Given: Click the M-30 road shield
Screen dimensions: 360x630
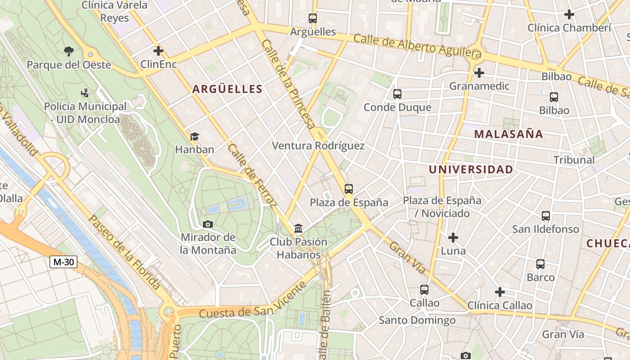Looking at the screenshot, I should click(63, 262).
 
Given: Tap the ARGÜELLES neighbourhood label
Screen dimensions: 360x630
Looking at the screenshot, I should click(227, 89).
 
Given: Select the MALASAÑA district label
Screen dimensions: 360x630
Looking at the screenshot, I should click(508, 134).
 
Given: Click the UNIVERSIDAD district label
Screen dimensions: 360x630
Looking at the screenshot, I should click(471, 170).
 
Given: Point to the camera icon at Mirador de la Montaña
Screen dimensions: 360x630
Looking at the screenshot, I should click(208, 224).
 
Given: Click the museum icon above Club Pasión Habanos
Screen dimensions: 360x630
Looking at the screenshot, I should click(298, 229).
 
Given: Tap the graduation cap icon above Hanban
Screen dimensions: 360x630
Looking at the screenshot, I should click(194, 136).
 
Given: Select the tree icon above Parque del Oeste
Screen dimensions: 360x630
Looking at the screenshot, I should click(69, 51).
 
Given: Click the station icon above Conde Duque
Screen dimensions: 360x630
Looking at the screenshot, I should click(397, 94).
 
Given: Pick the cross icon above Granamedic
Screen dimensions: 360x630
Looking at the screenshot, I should click(479, 72).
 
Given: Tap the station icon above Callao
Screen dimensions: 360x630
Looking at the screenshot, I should click(424, 290).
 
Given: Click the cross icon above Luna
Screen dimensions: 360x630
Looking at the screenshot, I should click(453, 237).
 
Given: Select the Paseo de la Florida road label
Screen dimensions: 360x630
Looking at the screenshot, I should click(124, 252).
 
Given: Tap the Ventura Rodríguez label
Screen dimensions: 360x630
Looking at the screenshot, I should click(318, 146).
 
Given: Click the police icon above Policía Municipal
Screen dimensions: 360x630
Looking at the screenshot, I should click(85, 93).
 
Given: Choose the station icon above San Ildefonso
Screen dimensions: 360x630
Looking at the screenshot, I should click(546, 216).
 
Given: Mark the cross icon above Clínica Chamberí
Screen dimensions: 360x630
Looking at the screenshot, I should click(569, 14).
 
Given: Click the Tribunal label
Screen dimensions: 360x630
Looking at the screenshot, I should click(574, 160).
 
